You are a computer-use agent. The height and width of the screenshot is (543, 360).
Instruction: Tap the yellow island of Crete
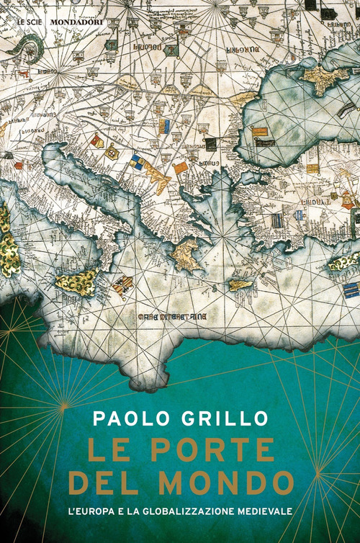[240, 284]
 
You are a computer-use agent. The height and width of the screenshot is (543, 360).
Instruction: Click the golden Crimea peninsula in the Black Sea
[325, 77]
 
